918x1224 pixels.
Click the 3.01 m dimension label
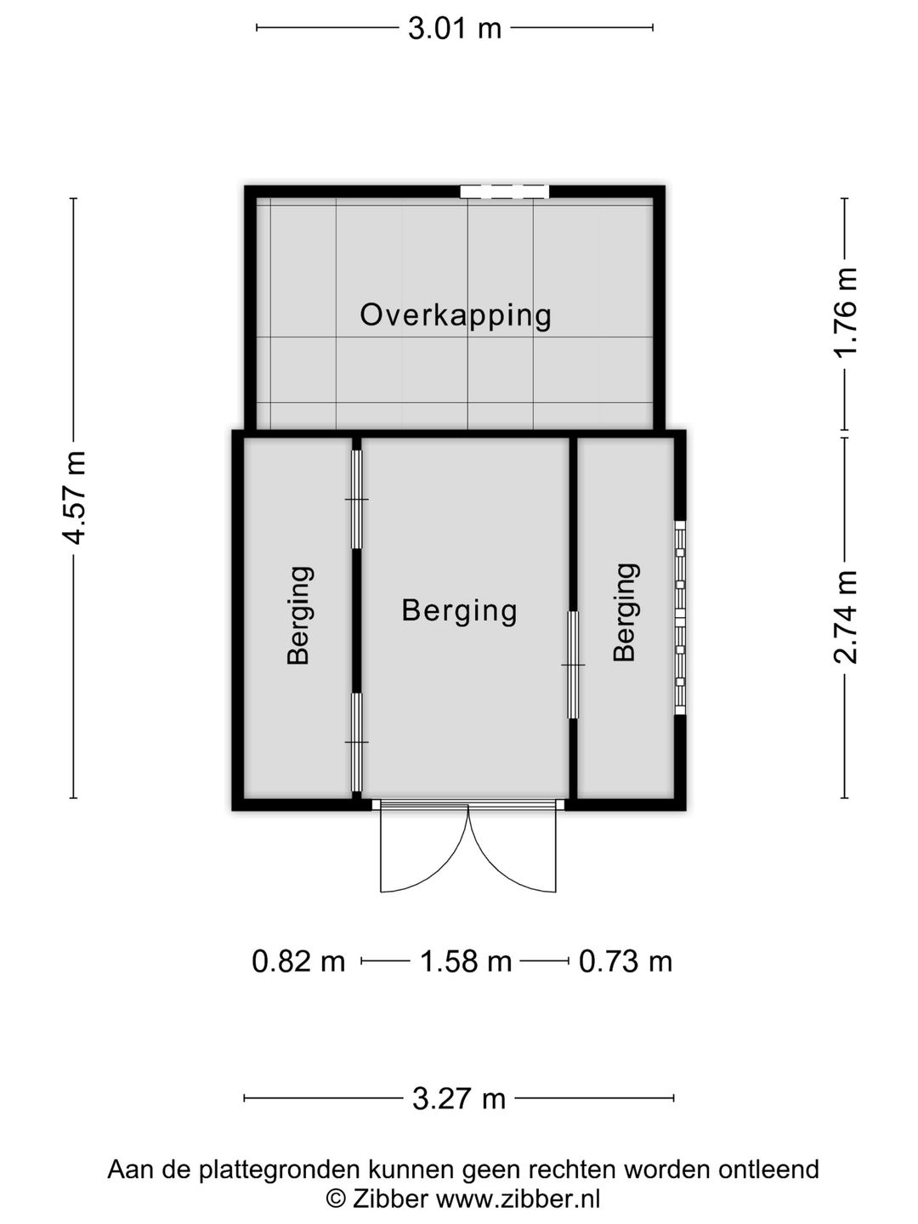[454, 28]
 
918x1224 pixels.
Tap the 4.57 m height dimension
[73, 497]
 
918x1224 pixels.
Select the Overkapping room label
[456, 316]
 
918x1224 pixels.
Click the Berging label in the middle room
[459, 612]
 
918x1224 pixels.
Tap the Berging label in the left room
[298, 615]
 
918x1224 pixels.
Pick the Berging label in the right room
[625, 613]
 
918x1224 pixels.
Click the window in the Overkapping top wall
[504, 192]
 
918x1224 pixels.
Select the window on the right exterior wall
[680, 617]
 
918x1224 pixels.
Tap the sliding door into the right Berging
[573, 665]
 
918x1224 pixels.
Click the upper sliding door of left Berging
[357, 499]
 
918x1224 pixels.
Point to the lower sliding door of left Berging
[357, 742]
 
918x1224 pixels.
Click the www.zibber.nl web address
[518, 1198]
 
